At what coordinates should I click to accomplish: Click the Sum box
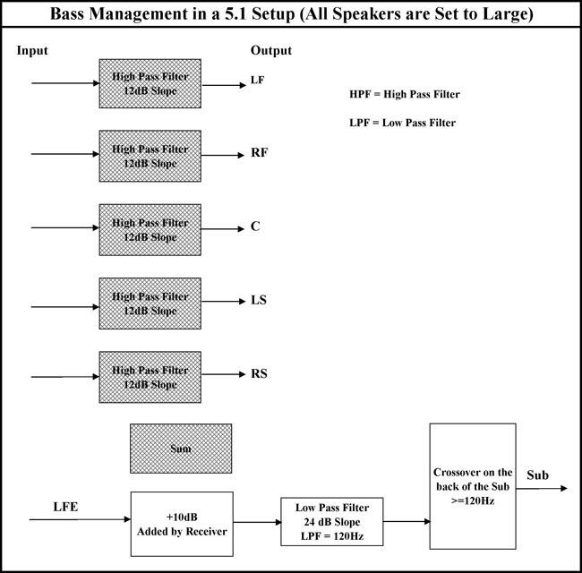click(181, 449)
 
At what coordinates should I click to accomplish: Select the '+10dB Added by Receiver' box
click(182, 524)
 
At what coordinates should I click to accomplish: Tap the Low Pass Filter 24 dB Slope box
click(332, 521)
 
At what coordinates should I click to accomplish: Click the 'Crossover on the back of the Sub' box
click(473, 486)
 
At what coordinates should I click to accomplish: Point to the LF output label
click(257, 80)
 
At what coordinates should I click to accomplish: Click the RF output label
click(259, 152)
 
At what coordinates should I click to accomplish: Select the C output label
click(255, 226)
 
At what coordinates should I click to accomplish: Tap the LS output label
click(259, 300)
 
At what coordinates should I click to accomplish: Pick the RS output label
click(259, 373)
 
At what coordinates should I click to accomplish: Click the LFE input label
click(65, 507)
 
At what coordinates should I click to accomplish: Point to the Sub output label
click(537, 475)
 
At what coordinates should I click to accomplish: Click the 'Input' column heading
click(32, 50)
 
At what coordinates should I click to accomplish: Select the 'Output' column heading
click(271, 50)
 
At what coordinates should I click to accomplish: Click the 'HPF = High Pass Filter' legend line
click(405, 94)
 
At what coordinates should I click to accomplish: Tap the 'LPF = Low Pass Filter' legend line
click(402, 123)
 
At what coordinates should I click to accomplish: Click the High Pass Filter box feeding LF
click(150, 83)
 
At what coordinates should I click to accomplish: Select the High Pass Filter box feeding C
click(150, 230)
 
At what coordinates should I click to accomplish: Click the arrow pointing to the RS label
click(224, 374)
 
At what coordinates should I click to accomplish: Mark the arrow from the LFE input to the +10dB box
click(81, 519)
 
